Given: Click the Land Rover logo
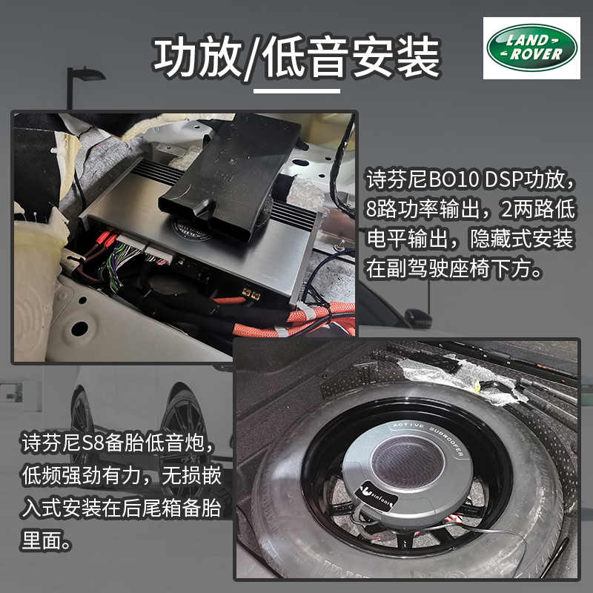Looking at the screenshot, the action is [x=531, y=48].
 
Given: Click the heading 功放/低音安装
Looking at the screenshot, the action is [x=297, y=58].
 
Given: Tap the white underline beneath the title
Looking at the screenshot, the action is [x=296, y=90].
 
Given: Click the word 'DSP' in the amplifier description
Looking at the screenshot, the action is [x=503, y=179].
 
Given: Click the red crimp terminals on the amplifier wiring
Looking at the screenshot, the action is [x=105, y=238].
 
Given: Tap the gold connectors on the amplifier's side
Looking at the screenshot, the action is [x=251, y=292].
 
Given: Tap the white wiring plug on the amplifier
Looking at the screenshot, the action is [x=131, y=242].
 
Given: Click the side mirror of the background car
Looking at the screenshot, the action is [x=419, y=318].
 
